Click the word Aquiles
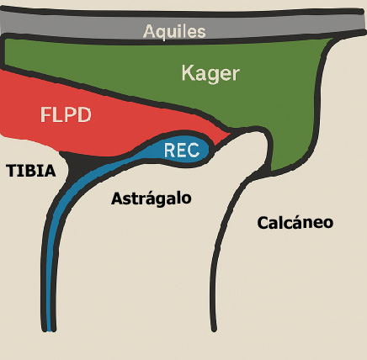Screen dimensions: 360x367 pyautogui.click(x=174, y=32)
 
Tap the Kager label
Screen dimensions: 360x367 pyautogui.click(x=210, y=74)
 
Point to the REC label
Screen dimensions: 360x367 pyautogui.click(x=181, y=151)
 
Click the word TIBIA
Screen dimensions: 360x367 pyautogui.click(x=31, y=171)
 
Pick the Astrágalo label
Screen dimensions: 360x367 pyautogui.click(x=152, y=199)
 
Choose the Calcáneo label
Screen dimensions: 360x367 pyautogui.click(x=295, y=223)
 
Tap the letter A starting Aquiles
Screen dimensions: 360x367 pyautogui.click(x=150, y=32)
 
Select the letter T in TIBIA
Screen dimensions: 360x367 pyautogui.click(x=11, y=171)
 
